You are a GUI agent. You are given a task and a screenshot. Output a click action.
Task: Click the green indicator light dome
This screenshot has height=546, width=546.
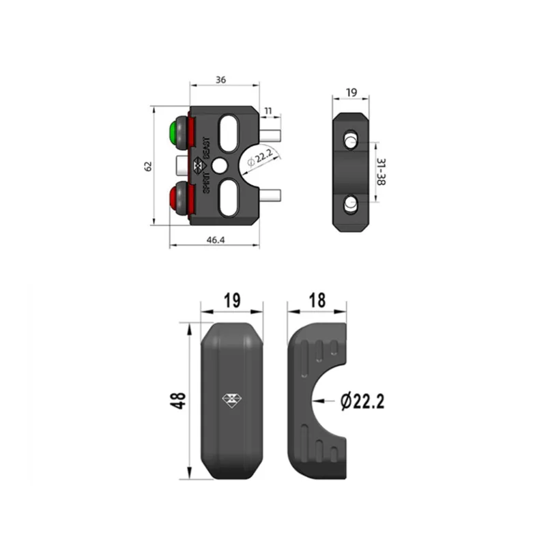coord(173,133)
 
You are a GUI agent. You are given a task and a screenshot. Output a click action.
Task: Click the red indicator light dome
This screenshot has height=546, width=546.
coord(173,198)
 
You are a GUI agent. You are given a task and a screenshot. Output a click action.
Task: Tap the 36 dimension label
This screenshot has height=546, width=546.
coord(220,80)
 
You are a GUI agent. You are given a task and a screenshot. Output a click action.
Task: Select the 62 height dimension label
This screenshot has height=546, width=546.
coord(148,166)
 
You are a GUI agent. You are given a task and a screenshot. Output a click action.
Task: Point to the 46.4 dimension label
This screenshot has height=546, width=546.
coord(216,240)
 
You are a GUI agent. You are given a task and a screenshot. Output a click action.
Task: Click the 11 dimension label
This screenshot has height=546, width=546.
coord(268,111)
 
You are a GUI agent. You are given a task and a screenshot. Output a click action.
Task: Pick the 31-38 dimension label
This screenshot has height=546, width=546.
coord(382,172)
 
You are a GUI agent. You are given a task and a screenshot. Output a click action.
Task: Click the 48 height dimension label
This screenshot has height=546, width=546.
coord(178,401)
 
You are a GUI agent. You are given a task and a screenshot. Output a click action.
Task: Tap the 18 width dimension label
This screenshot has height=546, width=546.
coord(317,300)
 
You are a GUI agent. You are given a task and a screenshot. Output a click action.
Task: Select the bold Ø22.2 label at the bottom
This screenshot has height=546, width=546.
coord(362,401)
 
